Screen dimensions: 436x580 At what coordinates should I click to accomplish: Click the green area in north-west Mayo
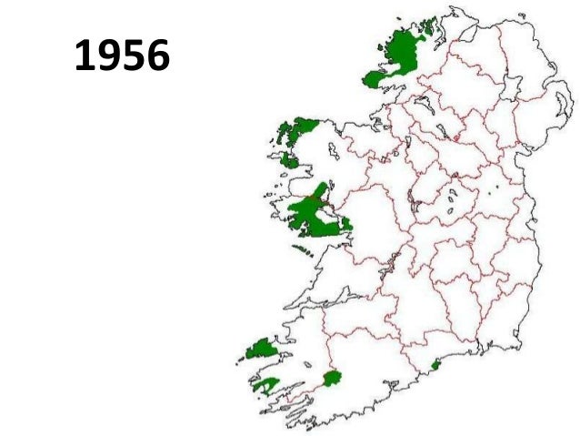[x=299, y=132]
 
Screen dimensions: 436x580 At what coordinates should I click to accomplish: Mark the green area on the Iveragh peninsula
[x=265, y=385]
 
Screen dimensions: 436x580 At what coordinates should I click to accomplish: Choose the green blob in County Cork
[x=330, y=378]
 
